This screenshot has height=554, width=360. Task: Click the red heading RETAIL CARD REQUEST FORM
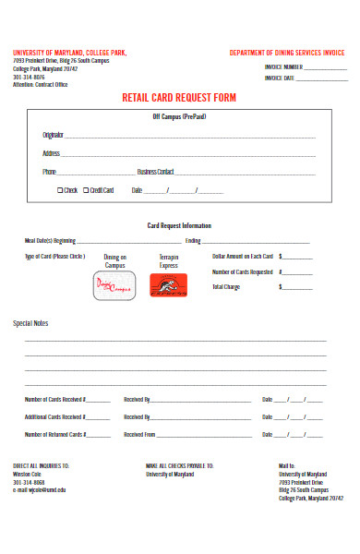click(x=179, y=97)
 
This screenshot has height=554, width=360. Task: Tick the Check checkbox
click(x=60, y=190)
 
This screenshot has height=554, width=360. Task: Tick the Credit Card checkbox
click(x=86, y=190)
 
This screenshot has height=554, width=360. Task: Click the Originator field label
click(x=53, y=135)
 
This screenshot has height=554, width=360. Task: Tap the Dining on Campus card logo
click(x=114, y=285)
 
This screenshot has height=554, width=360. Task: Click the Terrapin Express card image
click(x=168, y=285)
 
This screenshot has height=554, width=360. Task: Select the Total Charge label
click(x=226, y=287)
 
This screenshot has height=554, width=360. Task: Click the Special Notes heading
click(x=30, y=323)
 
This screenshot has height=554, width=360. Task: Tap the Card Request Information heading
click(x=179, y=225)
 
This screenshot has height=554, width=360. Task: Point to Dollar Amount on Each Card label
click(x=242, y=256)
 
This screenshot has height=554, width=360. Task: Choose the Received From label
click(x=139, y=434)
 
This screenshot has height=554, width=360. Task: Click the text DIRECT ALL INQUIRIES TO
click(x=41, y=466)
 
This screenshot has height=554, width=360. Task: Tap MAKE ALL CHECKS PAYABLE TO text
click(x=179, y=466)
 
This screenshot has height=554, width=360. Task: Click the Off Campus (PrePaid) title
click(x=179, y=117)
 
